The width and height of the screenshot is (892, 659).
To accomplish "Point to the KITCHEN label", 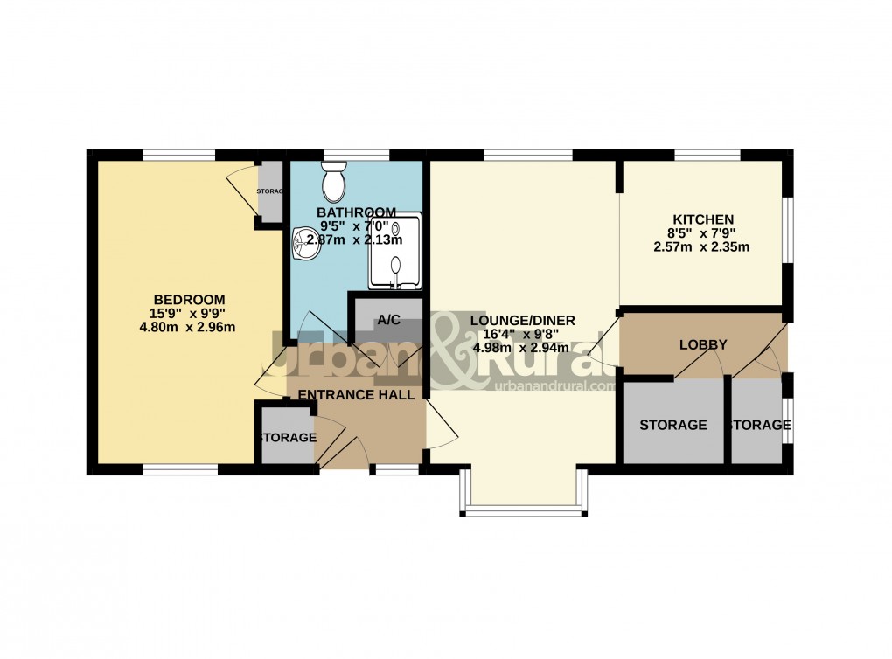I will click(702, 219).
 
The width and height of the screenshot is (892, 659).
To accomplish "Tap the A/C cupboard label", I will click(388, 320).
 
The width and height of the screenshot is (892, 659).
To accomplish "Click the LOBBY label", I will click(703, 345).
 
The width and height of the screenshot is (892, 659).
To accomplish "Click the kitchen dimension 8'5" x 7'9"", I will click(702, 233).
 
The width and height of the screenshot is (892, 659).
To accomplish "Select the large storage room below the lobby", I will click(672, 426).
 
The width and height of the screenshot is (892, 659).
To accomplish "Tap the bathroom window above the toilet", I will click(356, 156).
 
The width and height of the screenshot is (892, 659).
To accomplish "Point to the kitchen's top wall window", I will click(707, 156).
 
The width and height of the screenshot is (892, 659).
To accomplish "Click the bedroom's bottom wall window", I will click(180, 470).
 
